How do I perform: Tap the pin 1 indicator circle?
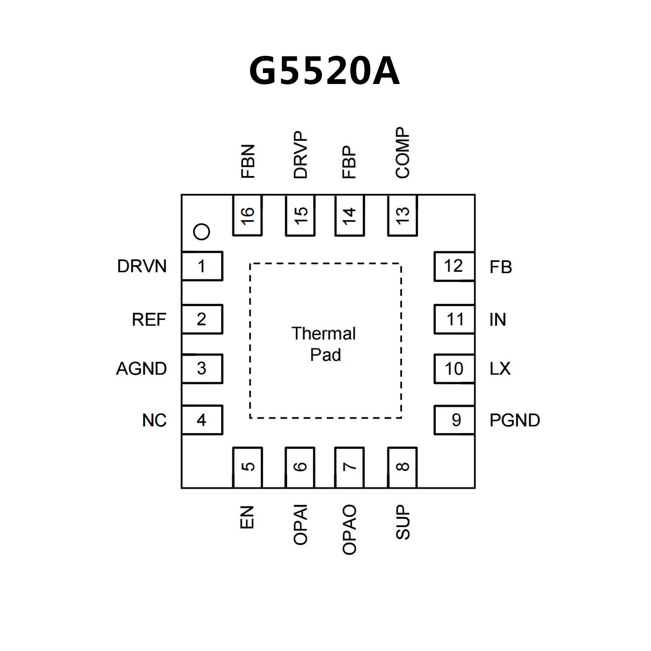(x=201, y=232)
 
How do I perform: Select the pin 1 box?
(x=202, y=266)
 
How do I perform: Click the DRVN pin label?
(x=142, y=266)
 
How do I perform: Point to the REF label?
(x=149, y=319)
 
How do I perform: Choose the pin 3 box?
(x=202, y=369)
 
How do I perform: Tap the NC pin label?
(x=154, y=420)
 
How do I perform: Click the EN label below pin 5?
(x=247, y=517)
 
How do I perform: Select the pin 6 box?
(x=300, y=467)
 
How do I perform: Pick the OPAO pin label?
(x=349, y=530)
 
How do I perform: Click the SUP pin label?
(x=402, y=522)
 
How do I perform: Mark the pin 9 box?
(x=454, y=420)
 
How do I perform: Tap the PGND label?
(x=514, y=420)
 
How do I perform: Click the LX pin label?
(x=500, y=369)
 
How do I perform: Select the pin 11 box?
(x=454, y=319)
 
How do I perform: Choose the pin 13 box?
(x=402, y=215)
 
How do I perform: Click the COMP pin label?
(x=402, y=153)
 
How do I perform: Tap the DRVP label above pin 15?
(x=300, y=155)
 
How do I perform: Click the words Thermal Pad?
(x=324, y=344)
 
